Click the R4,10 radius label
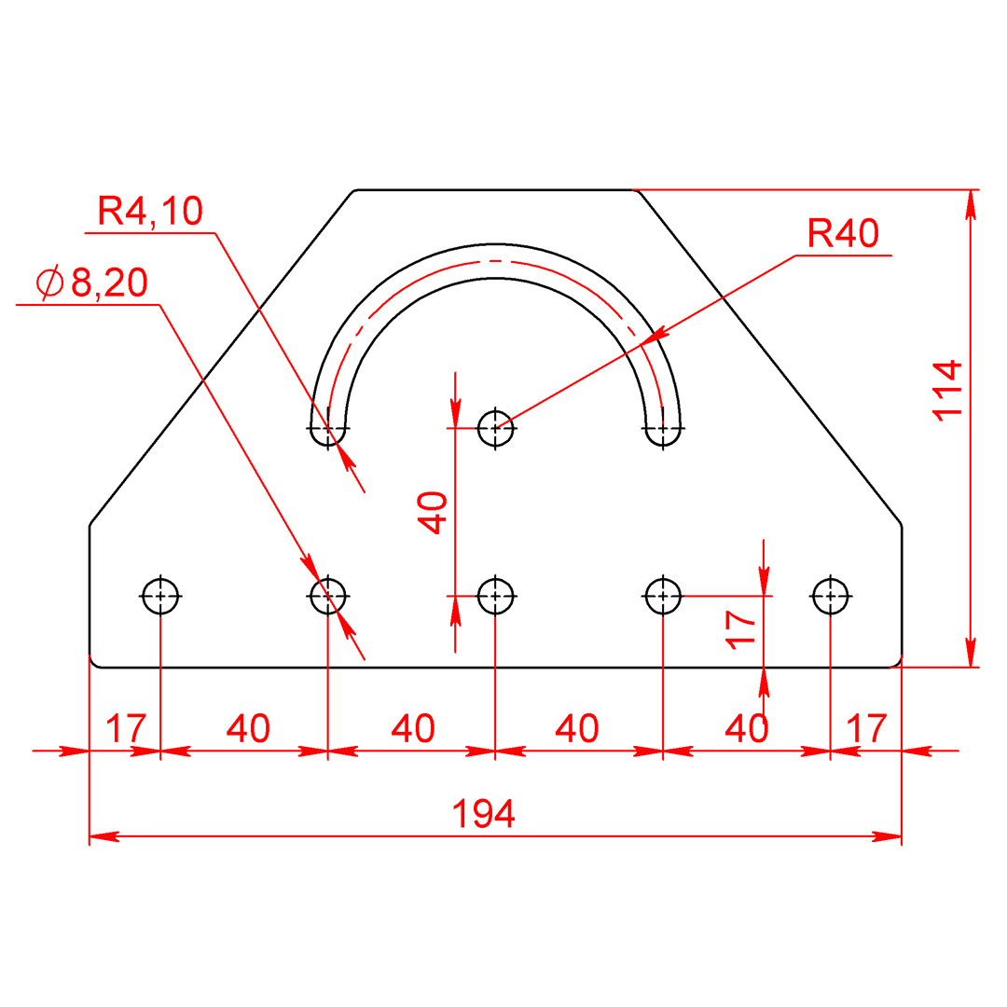(x=150, y=211)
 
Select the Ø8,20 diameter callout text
(x=92, y=282)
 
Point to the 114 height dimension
(x=947, y=391)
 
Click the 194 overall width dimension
(x=484, y=814)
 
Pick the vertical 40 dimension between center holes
(x=433, y=513)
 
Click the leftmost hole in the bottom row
(x=160, y=596)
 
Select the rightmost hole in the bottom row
(x=831, y=596)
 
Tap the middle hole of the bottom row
(x=496, y=596)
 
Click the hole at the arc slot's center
(x=496, y=428)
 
